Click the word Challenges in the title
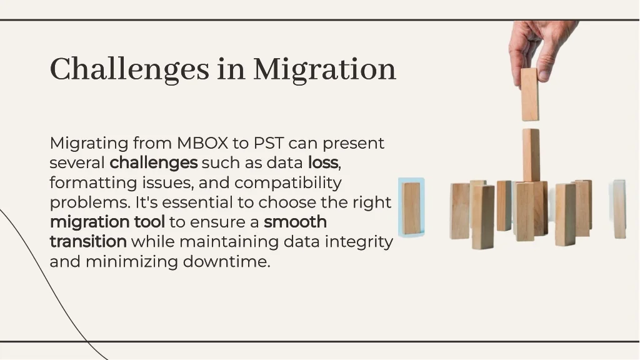(x=129, y=69)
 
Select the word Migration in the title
(x=324, y=69)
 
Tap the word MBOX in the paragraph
(x=202, y=143)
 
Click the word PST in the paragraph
(x=269, y=143)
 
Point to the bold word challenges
(x=154, y=163)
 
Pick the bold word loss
(x=323, y=163)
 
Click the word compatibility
(x=287, y=183)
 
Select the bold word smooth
(x=295, y=222)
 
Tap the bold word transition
(x=88, y=242)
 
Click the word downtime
(x=226, y=262)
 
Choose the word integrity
(x=359, y=242)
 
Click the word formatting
(x=94, y=183)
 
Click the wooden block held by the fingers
(x=530, y=94)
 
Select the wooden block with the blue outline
(x=411, y=207)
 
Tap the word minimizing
(x=131, y=262)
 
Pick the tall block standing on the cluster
(x=531, y=156)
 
